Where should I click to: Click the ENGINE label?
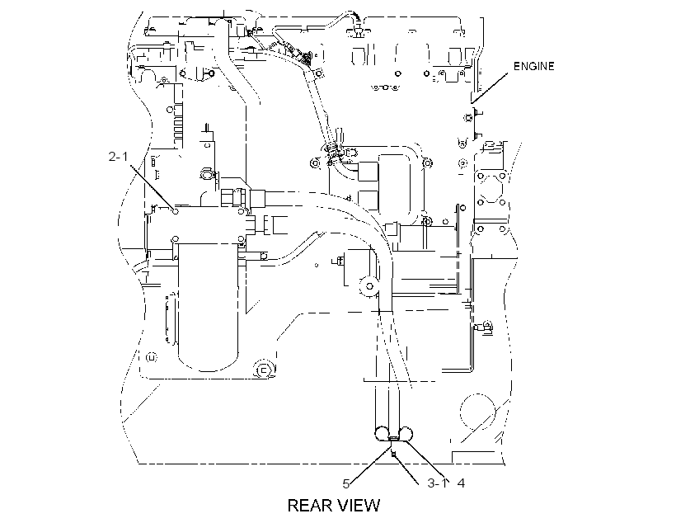click(x=533, y=66)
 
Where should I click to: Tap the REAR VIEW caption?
click(x=334, y=506)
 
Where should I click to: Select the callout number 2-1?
click(x=118, y=156)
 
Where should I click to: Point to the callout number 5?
click(x=345, y=484)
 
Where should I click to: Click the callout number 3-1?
click(x=438, y=483)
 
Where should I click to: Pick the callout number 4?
click(x=461, y=483)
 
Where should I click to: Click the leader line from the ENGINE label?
click(x=490, y=88)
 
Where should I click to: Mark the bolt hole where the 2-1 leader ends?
click(x=175, y=211)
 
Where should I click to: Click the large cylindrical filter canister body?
click(x=208, y=306)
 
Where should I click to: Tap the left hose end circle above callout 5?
click(x=382, y=434)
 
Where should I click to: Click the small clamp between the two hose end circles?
click(x=393, y=438)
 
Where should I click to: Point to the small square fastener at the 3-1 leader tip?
click(x=392, y=454)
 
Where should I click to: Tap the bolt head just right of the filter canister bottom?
click(x=262, y=370)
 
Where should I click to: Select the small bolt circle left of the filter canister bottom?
click(x=151, y=357)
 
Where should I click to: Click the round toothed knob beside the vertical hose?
click(x=369, y=285)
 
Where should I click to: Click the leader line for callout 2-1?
click(x=152, y=187)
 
